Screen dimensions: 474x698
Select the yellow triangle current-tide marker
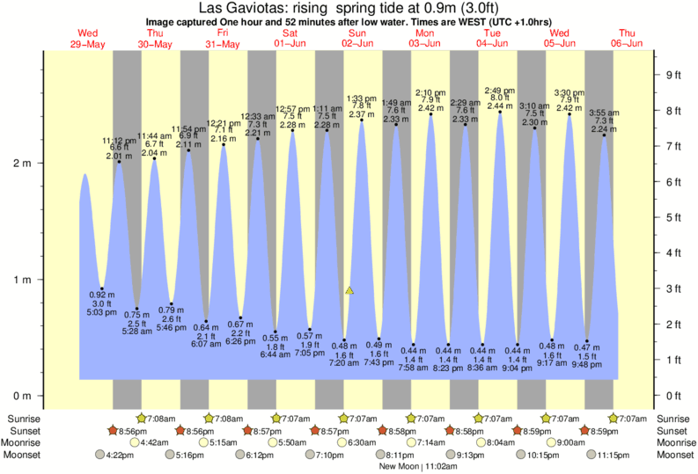(350, 289)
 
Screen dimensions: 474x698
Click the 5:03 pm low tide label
(103, 312)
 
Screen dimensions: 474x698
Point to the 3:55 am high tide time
(603, 113)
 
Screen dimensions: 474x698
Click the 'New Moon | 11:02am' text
(420, 467)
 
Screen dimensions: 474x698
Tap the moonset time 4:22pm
(123, 456)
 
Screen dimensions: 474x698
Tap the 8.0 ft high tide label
(499, 98)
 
